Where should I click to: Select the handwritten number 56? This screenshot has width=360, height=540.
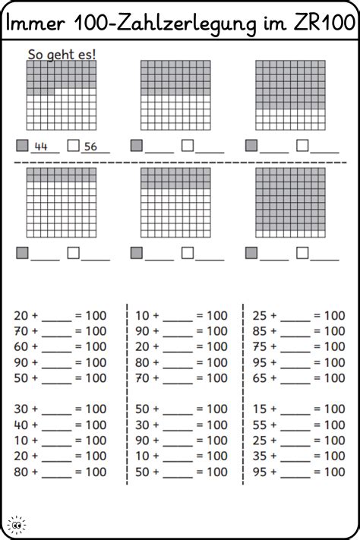91,147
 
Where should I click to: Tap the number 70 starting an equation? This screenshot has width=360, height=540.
22,330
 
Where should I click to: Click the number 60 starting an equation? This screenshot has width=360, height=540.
22,346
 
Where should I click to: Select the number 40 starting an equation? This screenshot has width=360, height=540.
22,425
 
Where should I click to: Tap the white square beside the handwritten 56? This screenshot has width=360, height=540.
73,145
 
